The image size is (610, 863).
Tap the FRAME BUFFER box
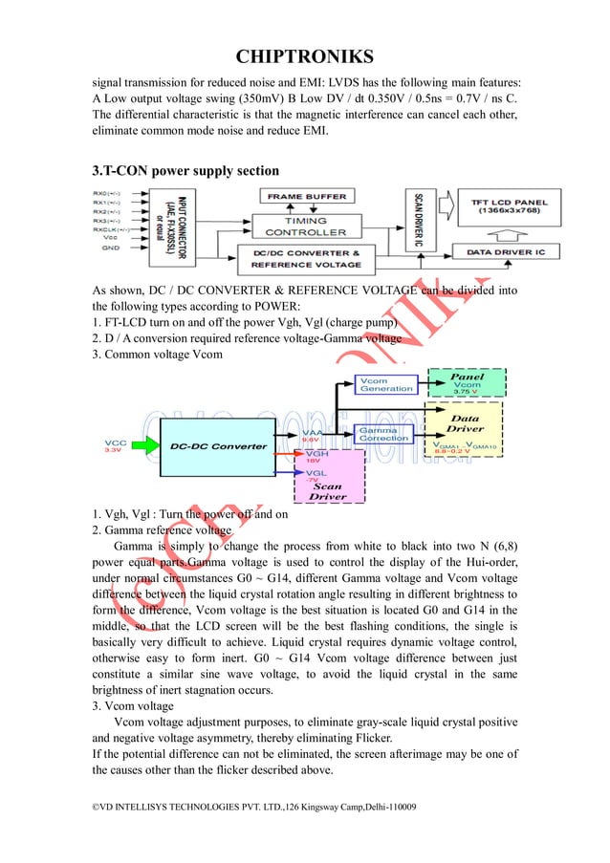[x=307, y=197]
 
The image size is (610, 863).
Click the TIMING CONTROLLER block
[x=306, y=227]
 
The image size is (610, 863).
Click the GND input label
[x=113, y=248]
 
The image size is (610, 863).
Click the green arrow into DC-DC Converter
[x=147, y=446]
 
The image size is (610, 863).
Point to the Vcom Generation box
[x=386, y=384]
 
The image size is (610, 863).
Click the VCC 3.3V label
[x=117, y=446]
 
